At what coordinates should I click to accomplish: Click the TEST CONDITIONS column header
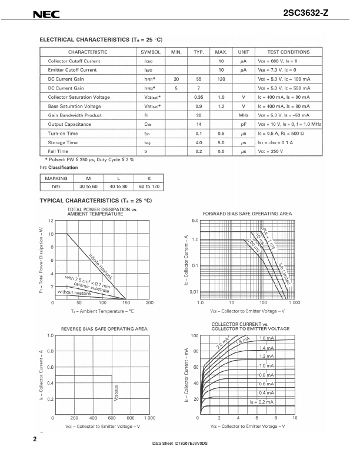(288, 52)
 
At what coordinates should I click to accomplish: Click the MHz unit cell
(243, 115)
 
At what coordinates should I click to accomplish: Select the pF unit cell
(243, 124)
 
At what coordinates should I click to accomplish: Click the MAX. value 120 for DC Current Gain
(221, 79)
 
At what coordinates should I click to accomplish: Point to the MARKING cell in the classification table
(56, 178)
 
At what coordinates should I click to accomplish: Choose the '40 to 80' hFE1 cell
(118, 187)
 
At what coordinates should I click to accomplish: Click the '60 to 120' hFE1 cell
(149, 187)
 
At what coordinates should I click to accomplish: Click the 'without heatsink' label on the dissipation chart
(75, 292)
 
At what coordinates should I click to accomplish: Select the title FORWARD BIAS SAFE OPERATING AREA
(247, 213)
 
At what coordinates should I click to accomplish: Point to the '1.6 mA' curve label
(266, 338)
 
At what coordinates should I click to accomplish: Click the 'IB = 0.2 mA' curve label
(262, 401)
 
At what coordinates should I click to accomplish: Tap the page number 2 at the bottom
(35, 439)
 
